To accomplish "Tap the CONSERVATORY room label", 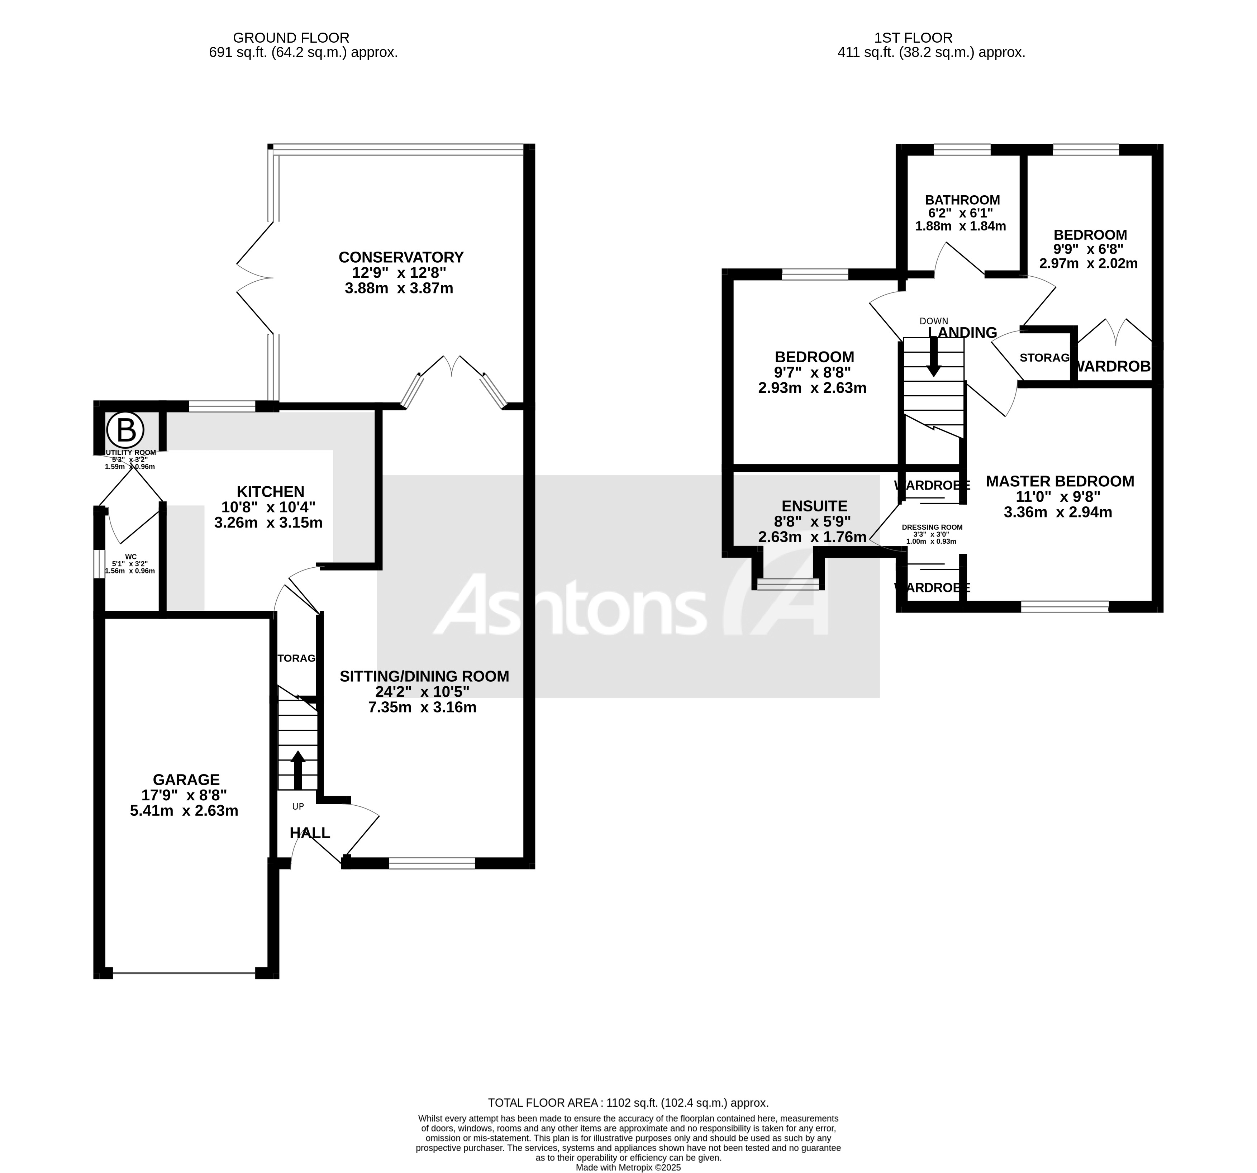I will (401, 257).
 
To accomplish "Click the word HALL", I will (310, 833).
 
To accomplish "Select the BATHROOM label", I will (962, 200).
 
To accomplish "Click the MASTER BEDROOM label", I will (1060, 481).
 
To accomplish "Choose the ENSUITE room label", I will (814, 506).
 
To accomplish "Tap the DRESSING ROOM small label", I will (932, 527).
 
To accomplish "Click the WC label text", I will (131, 557).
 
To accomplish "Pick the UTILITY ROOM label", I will (131, 452).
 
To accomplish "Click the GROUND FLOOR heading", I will (290, 38).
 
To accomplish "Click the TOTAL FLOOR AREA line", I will (628, 1103).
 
